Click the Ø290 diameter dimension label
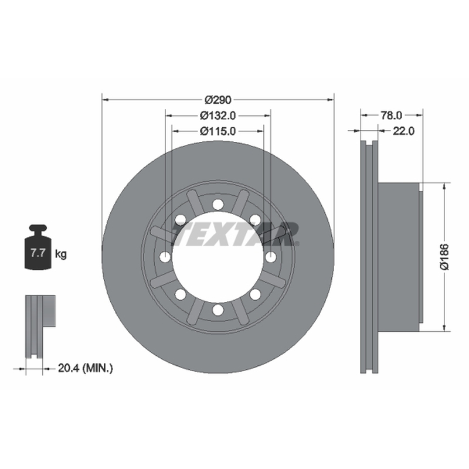pos(218,100)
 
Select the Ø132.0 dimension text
pos(218,115)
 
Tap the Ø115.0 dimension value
pos(218,131)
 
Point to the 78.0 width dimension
pos(391,115)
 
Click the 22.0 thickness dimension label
pos(403,131)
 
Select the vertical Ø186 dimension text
pos(444,257)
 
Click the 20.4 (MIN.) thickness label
pos(85,368)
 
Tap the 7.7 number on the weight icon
pos(38,253)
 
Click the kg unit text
pos(61,254)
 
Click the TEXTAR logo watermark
pos(235,234)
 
